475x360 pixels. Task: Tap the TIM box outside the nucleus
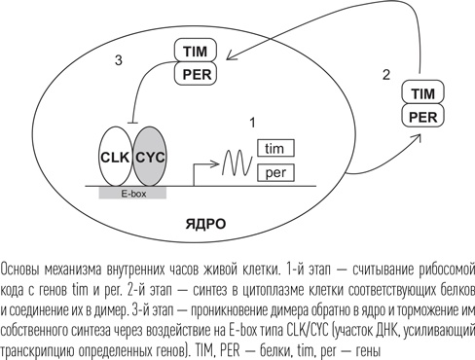pos(423,93)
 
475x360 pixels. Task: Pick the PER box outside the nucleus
pos(423,116)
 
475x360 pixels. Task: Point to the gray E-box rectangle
pos(133,193)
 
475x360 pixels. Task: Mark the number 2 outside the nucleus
pos(386,74)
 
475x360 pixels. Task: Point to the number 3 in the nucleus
pos(118,60)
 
